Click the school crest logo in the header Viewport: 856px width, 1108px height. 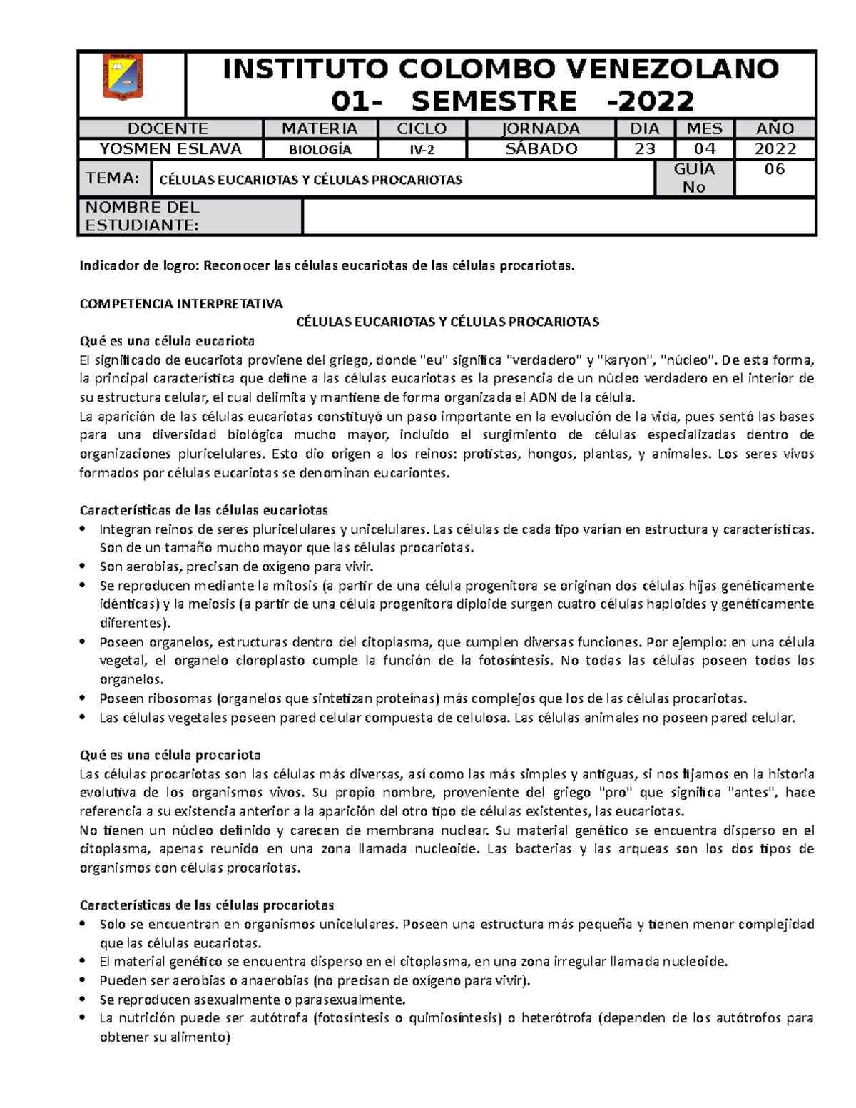pos(123,77)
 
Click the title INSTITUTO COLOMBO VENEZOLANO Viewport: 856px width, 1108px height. pos(500,69)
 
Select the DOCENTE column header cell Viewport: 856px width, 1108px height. pos(168,128)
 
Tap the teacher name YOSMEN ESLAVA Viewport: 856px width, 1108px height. pos(170,149)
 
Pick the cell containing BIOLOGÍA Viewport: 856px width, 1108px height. pos(320,150)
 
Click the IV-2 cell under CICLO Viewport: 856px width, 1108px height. pos(422,150)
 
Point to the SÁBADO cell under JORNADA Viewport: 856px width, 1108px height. pos(541,149)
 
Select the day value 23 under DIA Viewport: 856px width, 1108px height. pos(645,149)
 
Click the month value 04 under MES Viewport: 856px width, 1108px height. pos(704,149)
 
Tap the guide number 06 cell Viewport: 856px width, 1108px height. pos(774,170)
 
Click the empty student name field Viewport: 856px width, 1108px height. pos(559,216)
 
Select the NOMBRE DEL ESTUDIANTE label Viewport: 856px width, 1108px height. pos(143,216)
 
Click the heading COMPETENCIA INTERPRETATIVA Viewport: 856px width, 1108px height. pos(181,304)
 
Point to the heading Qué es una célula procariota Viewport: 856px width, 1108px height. pos(170,755)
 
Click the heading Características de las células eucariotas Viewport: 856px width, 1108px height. pos(204,510)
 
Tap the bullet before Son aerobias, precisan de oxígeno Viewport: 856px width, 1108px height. pos(84,567)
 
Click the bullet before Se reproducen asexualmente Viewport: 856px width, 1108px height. pos(84,1000)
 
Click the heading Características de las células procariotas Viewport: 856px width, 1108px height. pos(207,905)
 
